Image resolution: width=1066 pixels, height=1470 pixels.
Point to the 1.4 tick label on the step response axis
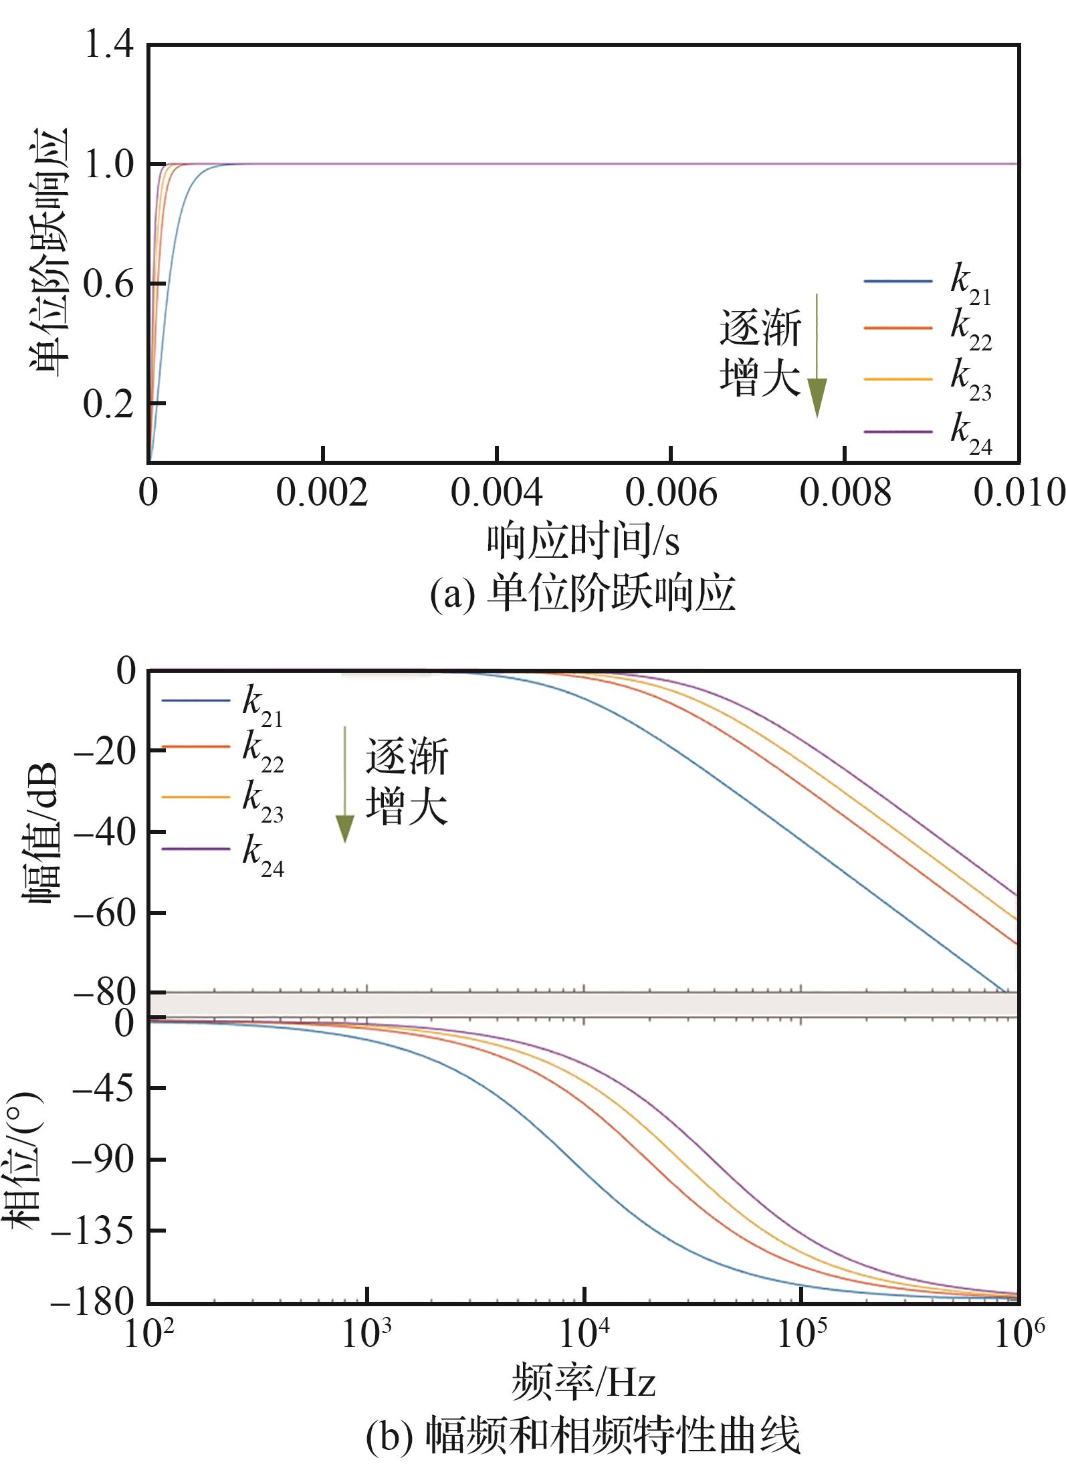(108, 47)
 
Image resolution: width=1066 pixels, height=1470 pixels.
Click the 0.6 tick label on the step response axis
(108, 284)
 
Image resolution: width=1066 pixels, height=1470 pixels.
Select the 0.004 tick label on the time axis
(496, 493)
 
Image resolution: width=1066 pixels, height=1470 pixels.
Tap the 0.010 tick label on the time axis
(1018, 493)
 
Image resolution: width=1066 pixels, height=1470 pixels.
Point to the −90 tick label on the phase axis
(103, 1160)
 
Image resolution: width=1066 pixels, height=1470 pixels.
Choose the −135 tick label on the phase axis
(93, 1231)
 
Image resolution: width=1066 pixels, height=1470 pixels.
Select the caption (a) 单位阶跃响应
(582, 593)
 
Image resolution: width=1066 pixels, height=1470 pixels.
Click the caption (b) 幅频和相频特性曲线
(582, 1434)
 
